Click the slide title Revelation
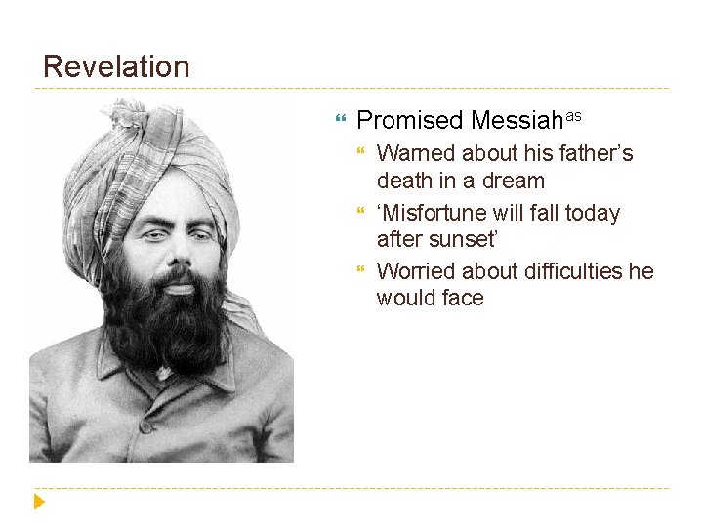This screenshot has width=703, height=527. coord(116,67)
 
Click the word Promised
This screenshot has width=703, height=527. coord(410,121)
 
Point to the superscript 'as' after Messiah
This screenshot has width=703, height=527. coord(574,115)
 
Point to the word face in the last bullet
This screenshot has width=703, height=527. coord(462,299)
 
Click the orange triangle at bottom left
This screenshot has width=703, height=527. coord(38,502)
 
